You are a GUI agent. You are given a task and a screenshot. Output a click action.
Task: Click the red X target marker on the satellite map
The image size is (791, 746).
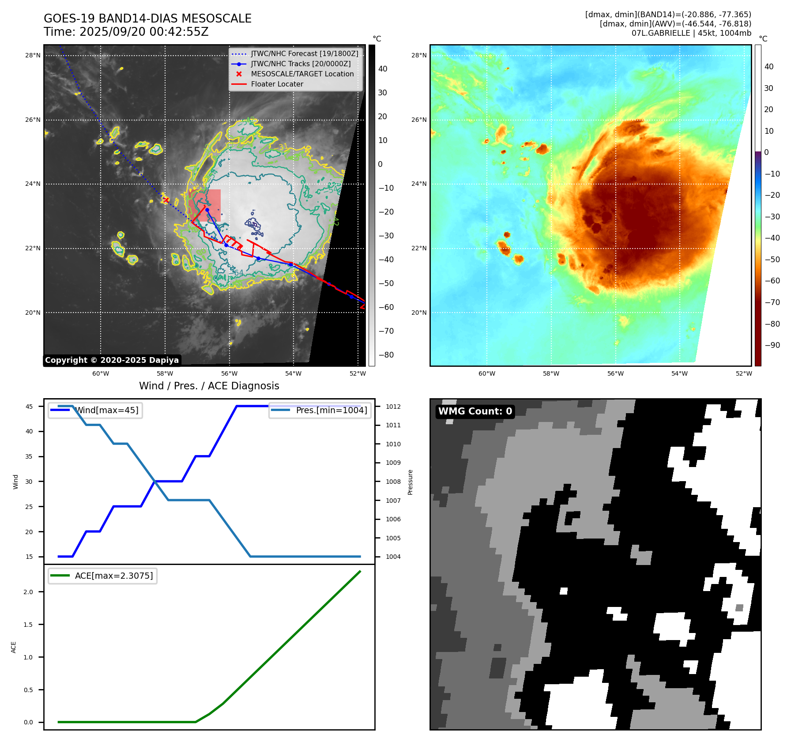pyautogui.click(x=166, y=200)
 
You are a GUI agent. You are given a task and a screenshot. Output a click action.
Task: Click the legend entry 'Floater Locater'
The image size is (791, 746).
pyautogui.click(x=277, y=84)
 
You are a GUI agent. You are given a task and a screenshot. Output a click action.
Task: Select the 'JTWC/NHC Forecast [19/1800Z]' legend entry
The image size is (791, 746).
pyautogui.click(x=304, y=54)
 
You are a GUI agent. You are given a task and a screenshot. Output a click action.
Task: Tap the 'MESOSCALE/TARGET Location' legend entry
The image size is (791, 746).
pyautogui.click(x=302, y=74)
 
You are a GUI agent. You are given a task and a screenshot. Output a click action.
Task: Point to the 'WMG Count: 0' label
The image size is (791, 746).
pyautogui.click(x=475, y=411)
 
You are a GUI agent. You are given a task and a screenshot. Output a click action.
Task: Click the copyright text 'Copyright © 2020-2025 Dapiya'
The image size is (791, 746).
pyautogui.click(x=112, y=360)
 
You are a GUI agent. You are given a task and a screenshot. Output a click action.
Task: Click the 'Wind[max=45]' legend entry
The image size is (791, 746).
pyautogui.click(x=106, y=411)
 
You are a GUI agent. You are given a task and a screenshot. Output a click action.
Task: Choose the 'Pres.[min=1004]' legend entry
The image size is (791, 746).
pyautogui.click(x=331, y=411)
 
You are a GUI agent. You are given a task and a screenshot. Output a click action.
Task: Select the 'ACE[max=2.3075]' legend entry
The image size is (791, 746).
pyautogui.click(x=113, y=576)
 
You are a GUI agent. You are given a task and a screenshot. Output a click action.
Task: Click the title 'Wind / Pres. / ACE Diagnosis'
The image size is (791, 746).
pyautogui.click(x=209, y=386)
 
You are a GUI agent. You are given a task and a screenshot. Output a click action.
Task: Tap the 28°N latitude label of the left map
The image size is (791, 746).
pyautogui.click(x=33, y=56)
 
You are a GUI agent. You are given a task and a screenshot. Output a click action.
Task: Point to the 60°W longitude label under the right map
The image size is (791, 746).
pyautogui.click(x=487, y=374)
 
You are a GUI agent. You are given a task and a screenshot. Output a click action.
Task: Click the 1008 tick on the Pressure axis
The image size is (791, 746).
pyautogui.click(x=393, y=482)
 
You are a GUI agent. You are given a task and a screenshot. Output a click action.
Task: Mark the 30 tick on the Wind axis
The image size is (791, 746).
pyautogui.click(x=29, y=482)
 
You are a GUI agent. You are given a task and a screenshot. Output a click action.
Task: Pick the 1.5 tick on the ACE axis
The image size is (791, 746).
pyautogui.click(x=28, y=625)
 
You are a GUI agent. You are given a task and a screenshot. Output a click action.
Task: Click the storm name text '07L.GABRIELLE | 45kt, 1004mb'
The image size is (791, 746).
pyautogui.click(x=691, y=34)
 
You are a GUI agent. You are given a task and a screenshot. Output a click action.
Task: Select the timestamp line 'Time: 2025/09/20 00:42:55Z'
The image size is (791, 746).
pyautogui.click(x=126, y=32)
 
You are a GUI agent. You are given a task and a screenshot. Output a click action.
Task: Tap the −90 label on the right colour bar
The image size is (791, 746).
pyautogui.click(x=772, y=346)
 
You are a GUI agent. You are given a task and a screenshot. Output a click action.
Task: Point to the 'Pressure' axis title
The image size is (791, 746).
pyautogui.click(x=410, y=482)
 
